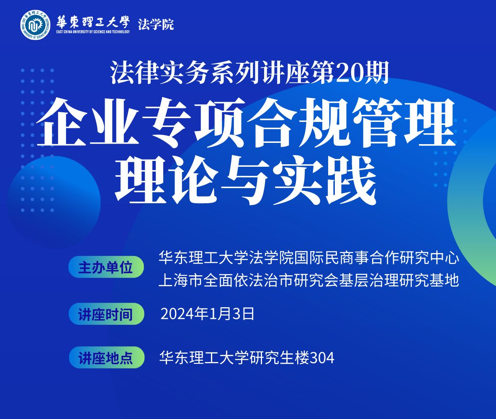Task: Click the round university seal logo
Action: [x=36, y=25]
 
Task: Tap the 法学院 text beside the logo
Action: [x=156, y=24]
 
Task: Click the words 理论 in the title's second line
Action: [x=167, y=181]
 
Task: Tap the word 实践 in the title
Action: [x=326, y=181]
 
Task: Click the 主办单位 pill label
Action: [x=106, y=267]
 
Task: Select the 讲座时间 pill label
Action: [x=106, y=314]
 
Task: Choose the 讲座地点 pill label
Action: [x=107, y=357]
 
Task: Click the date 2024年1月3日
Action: [x=208, y=314]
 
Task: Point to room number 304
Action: [x=321, y=358]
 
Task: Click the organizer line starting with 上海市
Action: [x=309, y=281]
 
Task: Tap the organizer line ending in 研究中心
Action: [x=309, y=258]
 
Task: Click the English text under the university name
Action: [x=93, y=32]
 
